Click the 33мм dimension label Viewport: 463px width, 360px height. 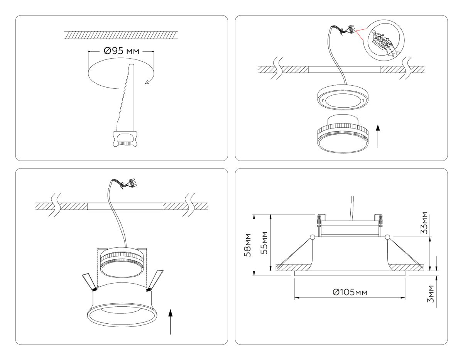click(424, 223)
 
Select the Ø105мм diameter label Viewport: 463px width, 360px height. click(350, 292)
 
